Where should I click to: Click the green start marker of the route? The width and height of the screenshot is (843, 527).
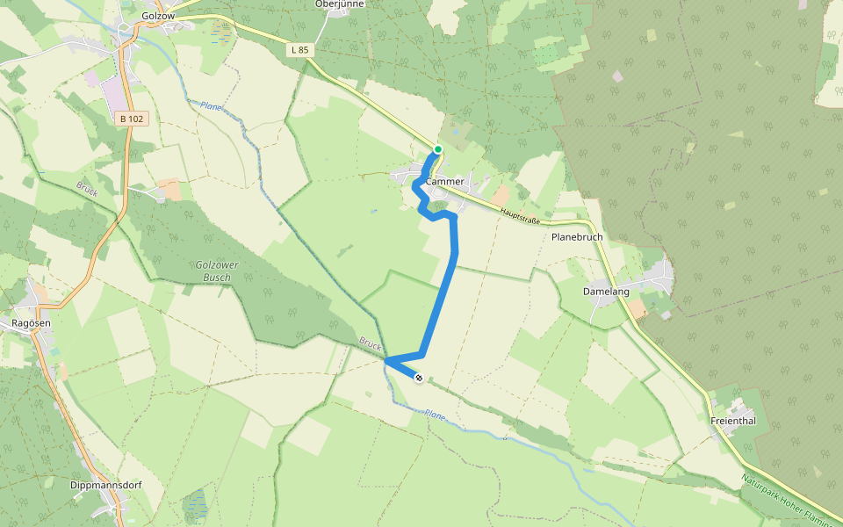point(437,149)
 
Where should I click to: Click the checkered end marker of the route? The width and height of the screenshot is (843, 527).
point(419,378)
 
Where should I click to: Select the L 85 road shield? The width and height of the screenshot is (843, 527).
point(299,50)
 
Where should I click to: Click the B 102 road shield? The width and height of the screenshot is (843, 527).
point(129,118)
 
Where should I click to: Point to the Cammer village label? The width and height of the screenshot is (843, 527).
point(445,182)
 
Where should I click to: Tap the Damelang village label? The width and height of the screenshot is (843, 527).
point(606,291)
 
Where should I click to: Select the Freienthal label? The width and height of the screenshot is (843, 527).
point(733,422)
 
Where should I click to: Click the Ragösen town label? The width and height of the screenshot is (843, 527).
point(32,323)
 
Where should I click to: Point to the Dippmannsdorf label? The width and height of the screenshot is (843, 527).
point(106,485)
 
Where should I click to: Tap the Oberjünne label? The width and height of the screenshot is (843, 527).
point(339,4)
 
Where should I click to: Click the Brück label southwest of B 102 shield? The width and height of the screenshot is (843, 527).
point(86,188)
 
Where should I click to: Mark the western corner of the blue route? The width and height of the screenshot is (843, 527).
point(386,359)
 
